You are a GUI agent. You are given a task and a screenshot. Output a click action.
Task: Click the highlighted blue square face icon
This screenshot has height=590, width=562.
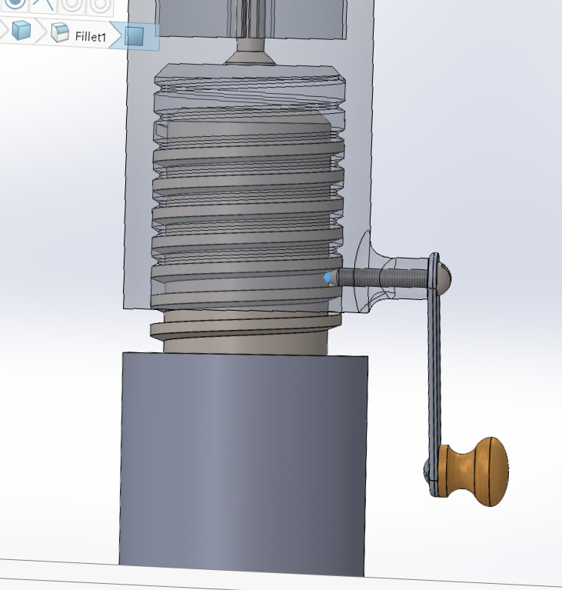(x=135, y=36)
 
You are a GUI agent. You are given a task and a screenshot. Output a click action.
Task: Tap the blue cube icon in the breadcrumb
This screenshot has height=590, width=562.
(x=21, y=32)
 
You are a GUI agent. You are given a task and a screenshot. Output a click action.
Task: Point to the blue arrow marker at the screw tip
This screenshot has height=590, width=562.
(x=328, y=277)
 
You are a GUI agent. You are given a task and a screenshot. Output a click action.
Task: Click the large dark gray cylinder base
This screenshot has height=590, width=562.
(x=242, y=462)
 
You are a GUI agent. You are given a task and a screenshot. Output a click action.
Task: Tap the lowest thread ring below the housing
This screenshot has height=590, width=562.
(x=246, y=329)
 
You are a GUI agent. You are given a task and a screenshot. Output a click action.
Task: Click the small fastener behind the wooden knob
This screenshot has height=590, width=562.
(x=428, y=469)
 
